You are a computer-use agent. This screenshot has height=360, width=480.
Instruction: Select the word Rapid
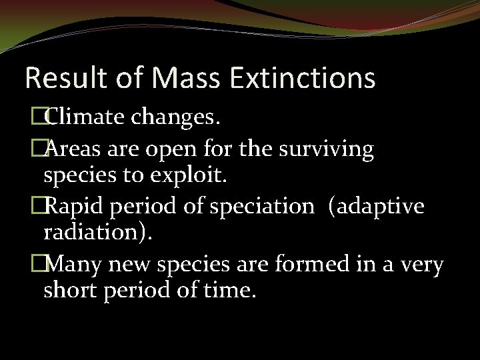point(75,207)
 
